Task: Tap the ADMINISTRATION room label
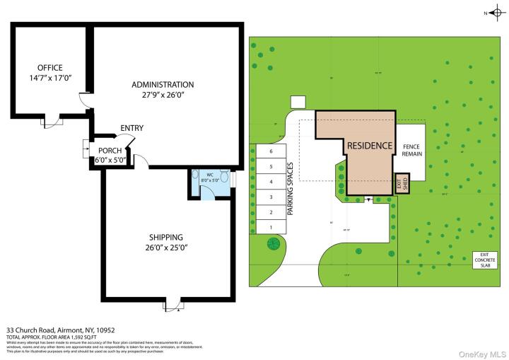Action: point(163,85)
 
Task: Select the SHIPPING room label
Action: point(166,238)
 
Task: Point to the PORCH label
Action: point(110,151)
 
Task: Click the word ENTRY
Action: point(131,128)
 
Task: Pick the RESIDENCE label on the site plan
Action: point(369,146)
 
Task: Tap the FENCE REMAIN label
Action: point(411,150)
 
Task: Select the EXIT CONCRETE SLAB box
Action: point(485,260)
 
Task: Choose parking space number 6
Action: point(270,151)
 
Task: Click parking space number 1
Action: point(270,227)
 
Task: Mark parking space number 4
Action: point(270,182)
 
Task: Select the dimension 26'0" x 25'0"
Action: point(166,248)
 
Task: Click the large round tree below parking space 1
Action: point(273,245)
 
